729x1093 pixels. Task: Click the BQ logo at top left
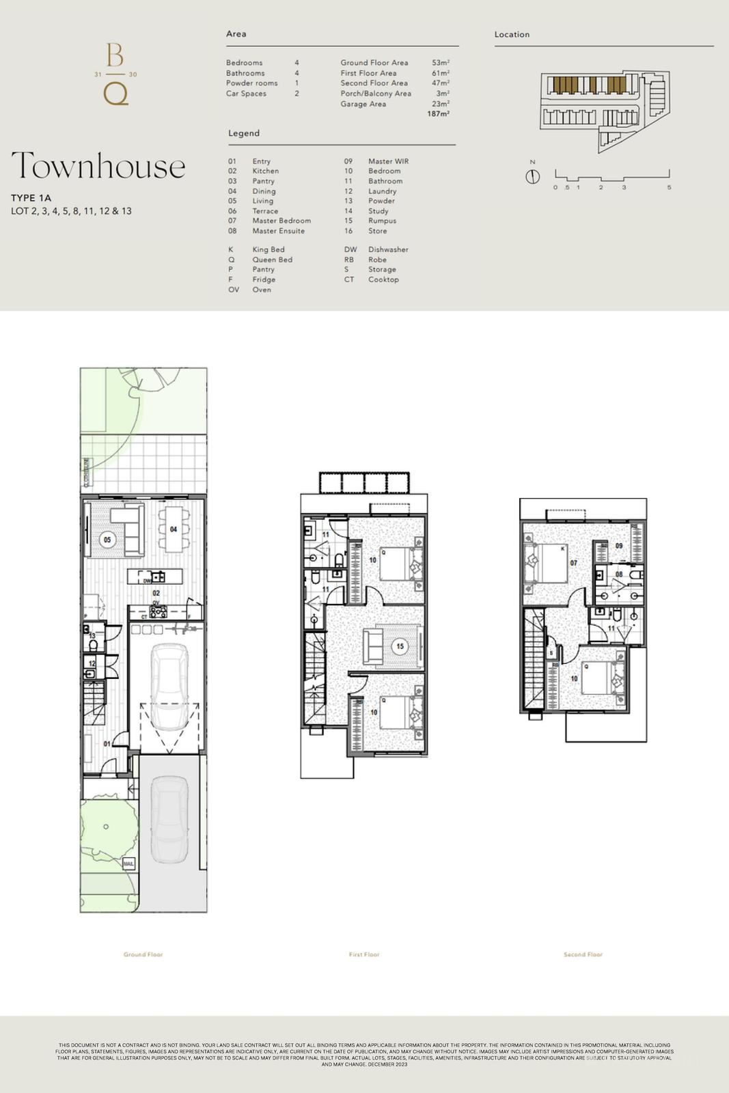point(115,74)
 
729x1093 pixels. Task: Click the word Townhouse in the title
point(98,166)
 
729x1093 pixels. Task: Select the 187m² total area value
point(438,114)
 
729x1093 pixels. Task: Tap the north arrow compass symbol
point(533,176)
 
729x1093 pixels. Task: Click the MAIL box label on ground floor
point(128,864)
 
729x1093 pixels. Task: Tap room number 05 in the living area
point(107,540)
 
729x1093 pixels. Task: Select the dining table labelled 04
point(173,529)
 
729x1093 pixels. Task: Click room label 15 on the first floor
point(400,646)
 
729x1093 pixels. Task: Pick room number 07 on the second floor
point(574,563)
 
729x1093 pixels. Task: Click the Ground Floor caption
point(143,954)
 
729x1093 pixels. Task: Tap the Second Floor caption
point(583,954)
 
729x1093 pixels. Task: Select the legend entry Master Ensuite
point(278,231)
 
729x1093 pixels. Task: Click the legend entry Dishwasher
point(388,249)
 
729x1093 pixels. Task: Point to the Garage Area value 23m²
point(440,104)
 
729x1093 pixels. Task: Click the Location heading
point(512,34)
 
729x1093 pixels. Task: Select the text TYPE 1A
point(31,198)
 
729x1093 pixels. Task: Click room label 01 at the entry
point(107,743)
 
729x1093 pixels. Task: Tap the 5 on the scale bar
point(669,187)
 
